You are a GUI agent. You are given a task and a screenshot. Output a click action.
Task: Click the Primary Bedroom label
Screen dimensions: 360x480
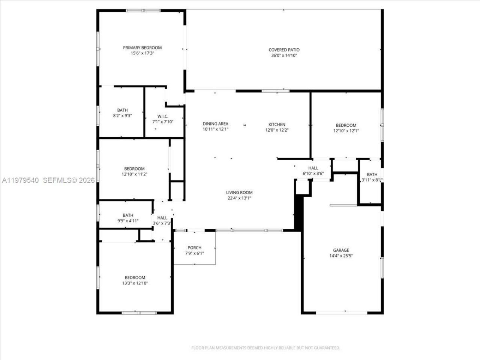point(142,48)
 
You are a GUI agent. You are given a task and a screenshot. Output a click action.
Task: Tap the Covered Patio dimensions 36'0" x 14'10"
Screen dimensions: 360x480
point(284,55)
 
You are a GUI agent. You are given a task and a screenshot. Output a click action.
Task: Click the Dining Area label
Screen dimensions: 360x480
point(215,124)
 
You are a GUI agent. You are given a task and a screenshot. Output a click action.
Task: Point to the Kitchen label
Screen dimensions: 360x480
point(277,124)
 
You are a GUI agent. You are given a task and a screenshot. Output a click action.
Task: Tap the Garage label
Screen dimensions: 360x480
point(341,250)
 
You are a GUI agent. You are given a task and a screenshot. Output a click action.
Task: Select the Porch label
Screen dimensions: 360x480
point(194,247)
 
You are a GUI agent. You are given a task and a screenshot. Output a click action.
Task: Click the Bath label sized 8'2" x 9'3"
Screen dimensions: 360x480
point(122,110)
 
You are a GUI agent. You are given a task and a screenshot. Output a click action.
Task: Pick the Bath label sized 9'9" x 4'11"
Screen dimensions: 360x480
point(128,215)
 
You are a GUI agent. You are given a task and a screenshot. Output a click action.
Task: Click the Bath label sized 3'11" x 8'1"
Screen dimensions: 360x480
point(372,174)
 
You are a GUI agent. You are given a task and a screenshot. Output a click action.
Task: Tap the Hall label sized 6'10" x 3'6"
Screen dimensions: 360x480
point(313,168)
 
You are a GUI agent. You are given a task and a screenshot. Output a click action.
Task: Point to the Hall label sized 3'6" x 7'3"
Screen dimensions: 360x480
point(162,218)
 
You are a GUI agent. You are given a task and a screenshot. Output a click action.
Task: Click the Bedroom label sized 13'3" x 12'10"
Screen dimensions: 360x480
point(135,277)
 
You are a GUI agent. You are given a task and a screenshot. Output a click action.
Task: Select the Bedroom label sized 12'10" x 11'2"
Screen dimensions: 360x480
point(134,169)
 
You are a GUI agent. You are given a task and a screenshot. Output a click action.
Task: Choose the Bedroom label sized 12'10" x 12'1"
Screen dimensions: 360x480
point(346,125)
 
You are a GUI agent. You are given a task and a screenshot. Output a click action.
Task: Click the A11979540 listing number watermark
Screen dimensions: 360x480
point(21,180)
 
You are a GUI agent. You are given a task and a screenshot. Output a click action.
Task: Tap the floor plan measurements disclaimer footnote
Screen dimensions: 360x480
point(265,348)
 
